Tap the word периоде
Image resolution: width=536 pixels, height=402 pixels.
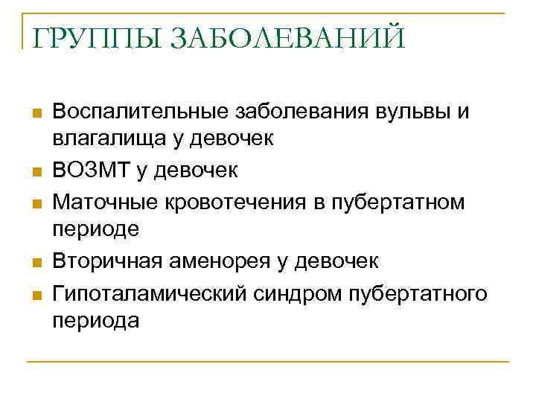96,229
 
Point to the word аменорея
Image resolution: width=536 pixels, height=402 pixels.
226,261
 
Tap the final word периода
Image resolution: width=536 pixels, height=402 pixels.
96,320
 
